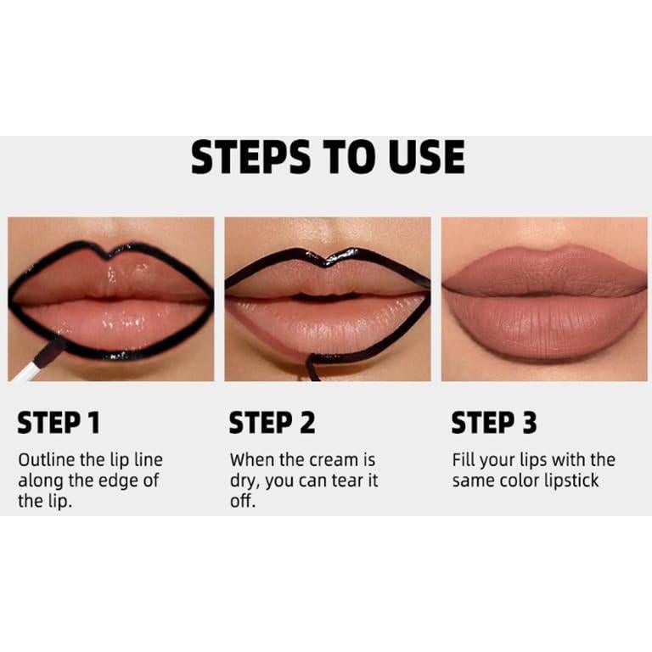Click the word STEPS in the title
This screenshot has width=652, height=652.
point(250,158)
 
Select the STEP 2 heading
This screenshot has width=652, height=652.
point(272,423)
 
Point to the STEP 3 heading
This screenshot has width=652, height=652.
point(495,423)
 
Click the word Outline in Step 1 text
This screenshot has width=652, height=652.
point(44,461)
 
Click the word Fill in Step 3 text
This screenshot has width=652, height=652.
point(464,461)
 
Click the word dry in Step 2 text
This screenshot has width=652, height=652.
point(245,481)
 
